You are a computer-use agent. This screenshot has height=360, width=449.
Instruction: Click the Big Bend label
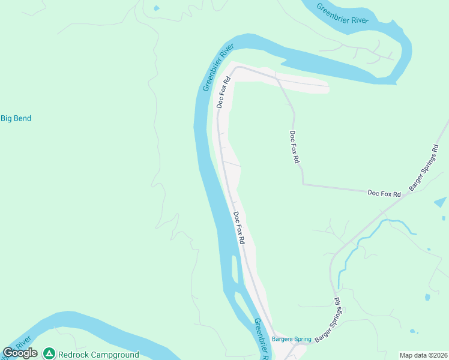(16, 119)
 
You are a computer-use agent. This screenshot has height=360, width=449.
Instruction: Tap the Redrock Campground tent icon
(49, 354)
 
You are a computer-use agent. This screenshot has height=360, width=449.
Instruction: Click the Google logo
(20, 353)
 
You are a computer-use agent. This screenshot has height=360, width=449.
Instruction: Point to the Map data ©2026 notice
(423, 355)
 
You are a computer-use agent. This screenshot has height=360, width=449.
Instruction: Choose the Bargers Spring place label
(292, 339)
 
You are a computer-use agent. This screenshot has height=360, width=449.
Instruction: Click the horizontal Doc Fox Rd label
(384, 193)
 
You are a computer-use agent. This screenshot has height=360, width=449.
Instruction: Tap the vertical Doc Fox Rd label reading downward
(294, 147)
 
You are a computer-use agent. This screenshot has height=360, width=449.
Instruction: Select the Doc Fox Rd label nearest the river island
(239, 227)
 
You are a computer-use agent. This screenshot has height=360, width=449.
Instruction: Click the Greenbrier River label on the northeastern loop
(342, 13)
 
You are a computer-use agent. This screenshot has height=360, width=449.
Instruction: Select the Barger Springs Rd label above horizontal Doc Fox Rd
(423, 167)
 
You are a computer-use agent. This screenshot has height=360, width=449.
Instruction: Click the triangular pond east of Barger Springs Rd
(441, 202)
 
